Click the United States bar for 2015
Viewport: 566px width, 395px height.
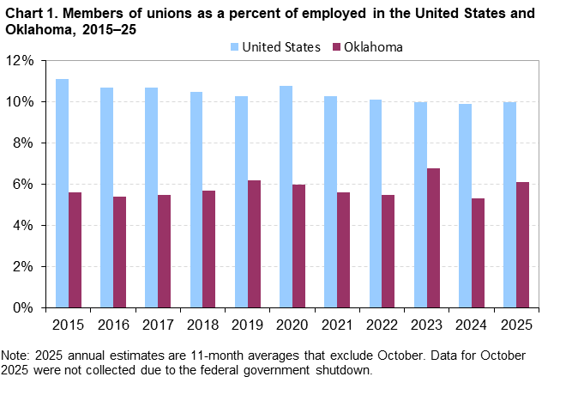[x=62, y=193]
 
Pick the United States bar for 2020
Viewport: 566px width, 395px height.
[x=286, y=197]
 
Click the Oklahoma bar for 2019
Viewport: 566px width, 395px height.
[x=255, y=244]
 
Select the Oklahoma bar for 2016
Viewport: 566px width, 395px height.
[x=120, y=252]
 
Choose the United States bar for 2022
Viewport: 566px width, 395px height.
[x=376, y=204]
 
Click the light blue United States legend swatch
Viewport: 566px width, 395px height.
[x=234, y=46]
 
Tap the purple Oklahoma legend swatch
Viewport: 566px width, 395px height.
[x=335, y=46]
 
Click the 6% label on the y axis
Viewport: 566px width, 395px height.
[x=23, y=185]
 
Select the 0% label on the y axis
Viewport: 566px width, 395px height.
[x=23, y=307]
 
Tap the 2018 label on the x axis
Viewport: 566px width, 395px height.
[x=202, y=325]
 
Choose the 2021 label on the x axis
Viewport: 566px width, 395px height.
[x=337, y=325]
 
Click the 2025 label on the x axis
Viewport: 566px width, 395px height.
[x=516, y=325]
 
